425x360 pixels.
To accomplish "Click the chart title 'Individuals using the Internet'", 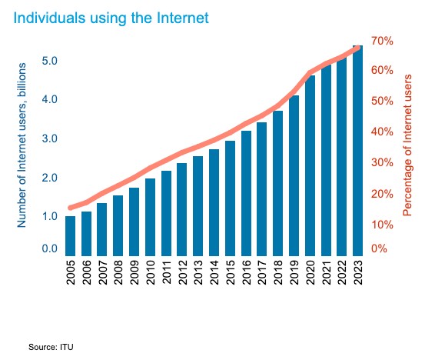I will click(x=110, y=15).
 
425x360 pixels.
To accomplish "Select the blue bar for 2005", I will click(x=70, y=235).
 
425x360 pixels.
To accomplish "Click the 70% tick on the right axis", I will click(x=383, y=40).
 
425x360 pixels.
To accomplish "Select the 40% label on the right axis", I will click(x=383, y=132).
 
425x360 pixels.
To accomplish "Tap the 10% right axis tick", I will click(x=383, y=225).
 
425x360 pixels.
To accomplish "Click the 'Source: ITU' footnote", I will click(x=51, y=347).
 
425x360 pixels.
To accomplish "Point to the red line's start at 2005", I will click(x=70, y=208).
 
